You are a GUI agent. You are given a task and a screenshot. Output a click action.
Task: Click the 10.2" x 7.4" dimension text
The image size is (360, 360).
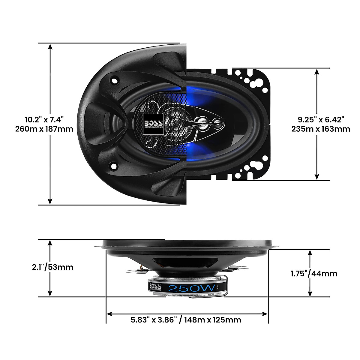click(x=44, y=120)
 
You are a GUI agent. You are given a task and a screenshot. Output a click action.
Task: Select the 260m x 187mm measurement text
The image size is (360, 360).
click(x=44, y=129)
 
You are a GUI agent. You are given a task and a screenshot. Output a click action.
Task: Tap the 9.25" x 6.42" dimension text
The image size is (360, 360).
click(x=321, y=119)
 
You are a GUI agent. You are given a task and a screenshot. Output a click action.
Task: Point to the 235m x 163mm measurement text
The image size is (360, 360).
click(x=321, y=129)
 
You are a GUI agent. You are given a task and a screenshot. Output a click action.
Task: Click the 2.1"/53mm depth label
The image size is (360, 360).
click(x=52, y=267)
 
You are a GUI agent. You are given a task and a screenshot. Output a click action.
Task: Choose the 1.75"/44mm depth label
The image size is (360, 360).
click(x=314, y=274)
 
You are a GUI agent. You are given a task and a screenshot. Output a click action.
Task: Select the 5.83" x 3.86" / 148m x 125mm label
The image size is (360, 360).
click(x=186, y=320)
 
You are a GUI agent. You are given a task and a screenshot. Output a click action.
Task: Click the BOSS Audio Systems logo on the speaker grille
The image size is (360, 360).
click(x=154, y=124)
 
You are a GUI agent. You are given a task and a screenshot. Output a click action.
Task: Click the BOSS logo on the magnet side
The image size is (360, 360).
click(x=155, y=286)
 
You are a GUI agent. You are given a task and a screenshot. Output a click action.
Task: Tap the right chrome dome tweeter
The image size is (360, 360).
click(x=216, y=122)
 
